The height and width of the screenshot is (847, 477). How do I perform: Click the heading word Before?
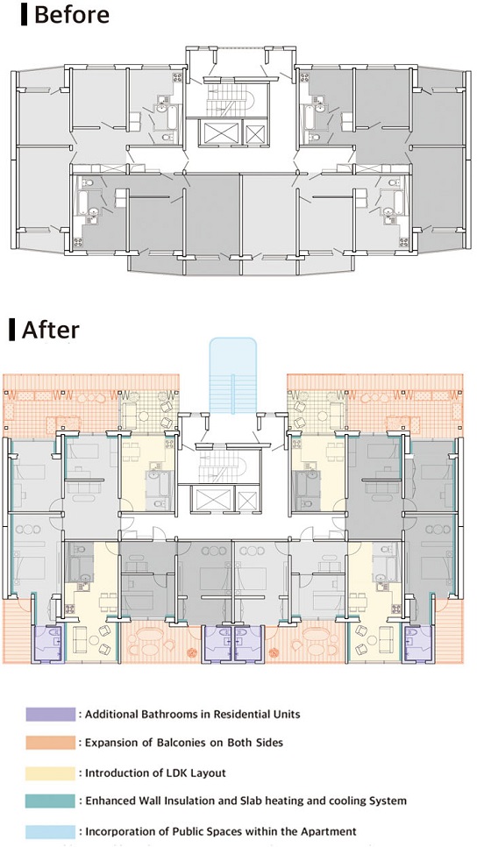click(x=72, y=15)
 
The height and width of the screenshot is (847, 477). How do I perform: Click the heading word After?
click(x=51, y=330)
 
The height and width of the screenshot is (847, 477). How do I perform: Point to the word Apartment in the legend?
click(x=326, y=830)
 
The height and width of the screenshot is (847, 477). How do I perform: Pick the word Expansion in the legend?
click(x=113, y=744)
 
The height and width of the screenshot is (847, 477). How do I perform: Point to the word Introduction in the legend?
click(x=118, y=772)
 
